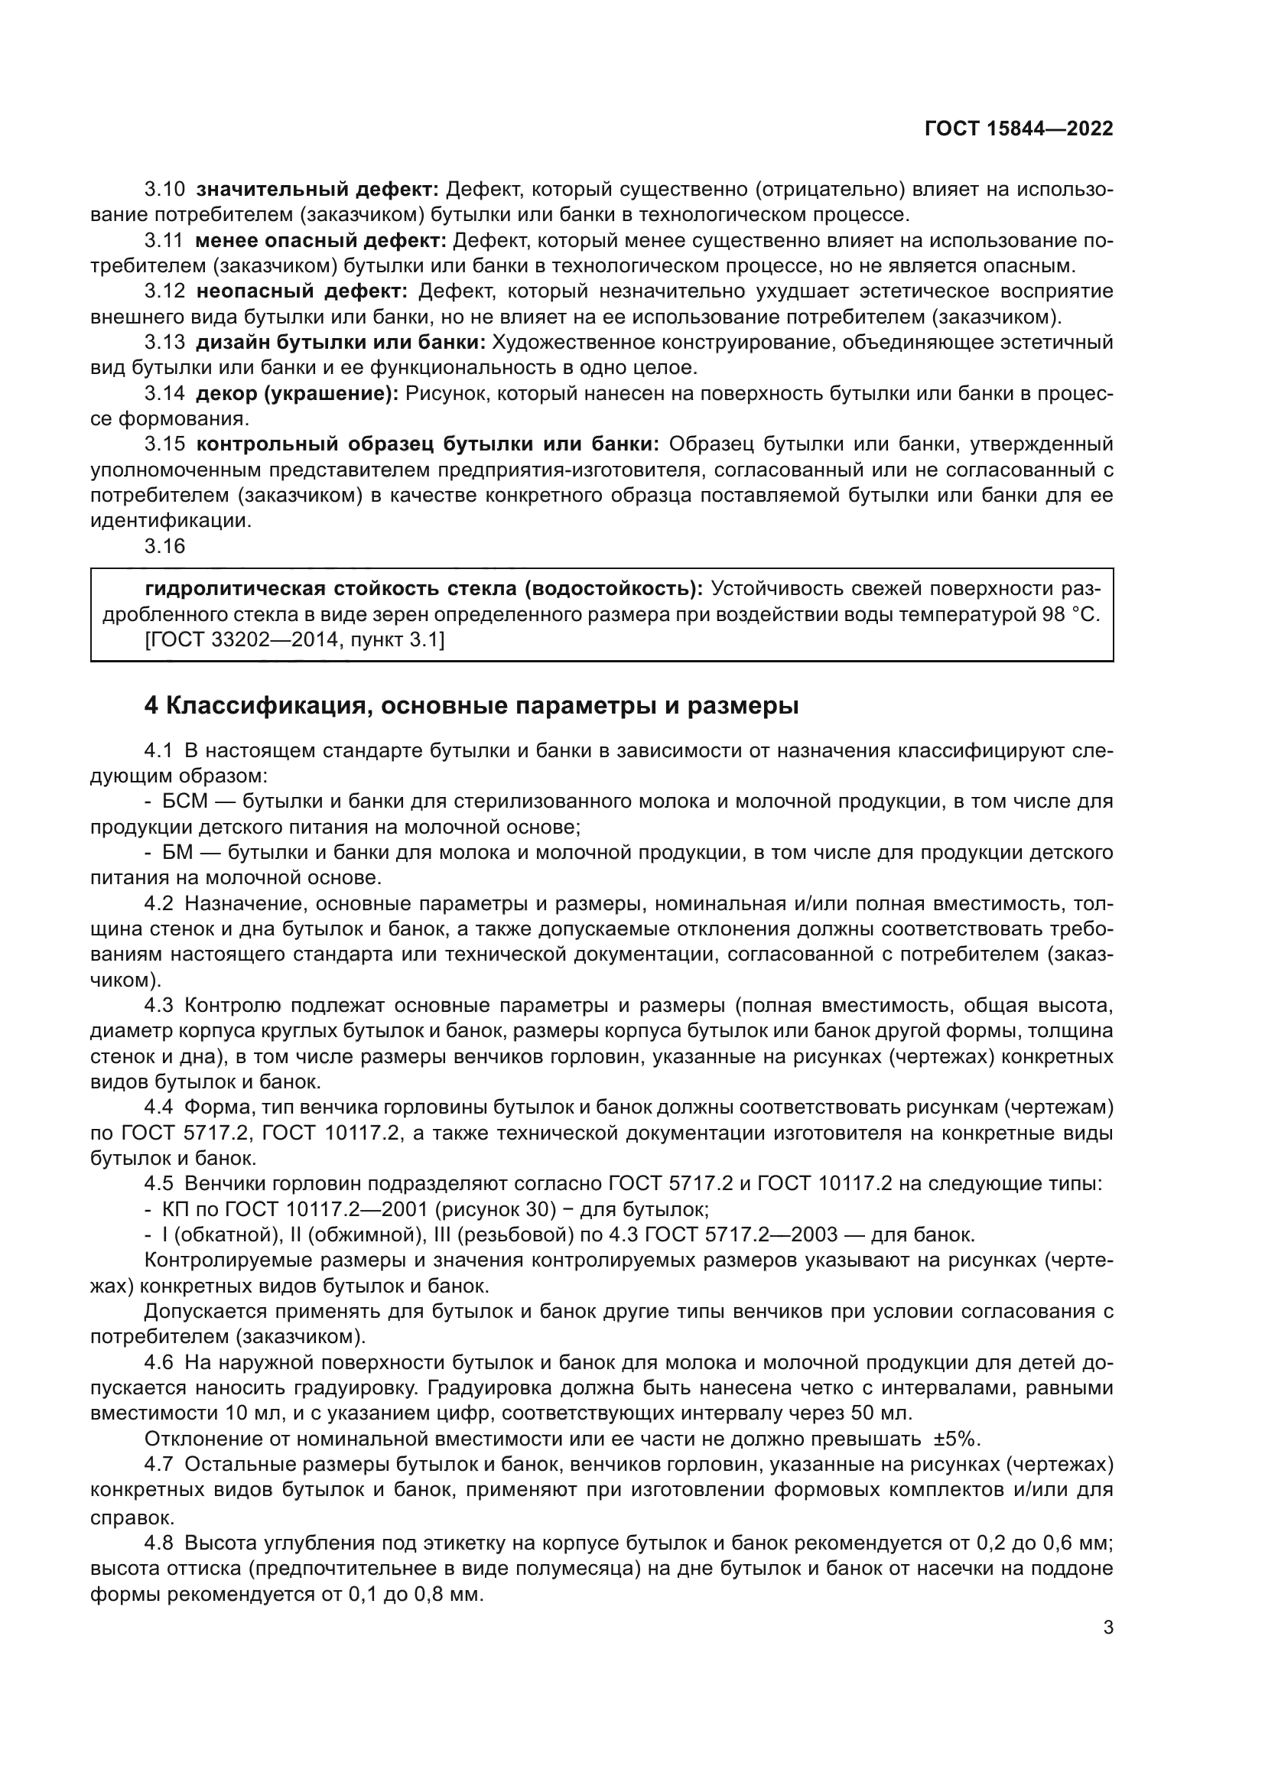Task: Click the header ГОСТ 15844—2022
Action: pos(1018,128)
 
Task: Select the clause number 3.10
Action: pos(164,190)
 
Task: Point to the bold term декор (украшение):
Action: pos(297,394)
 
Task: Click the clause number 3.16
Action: pos(164,546)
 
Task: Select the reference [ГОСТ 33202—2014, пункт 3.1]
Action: pos(294,639)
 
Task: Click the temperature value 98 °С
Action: pos(1068,615)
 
